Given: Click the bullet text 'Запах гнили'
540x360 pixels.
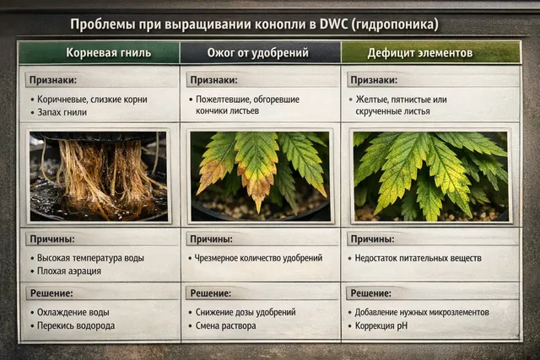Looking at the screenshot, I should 63,111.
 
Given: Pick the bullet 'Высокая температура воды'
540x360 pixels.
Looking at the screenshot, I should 92,258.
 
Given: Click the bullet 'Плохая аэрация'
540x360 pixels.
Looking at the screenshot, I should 70,271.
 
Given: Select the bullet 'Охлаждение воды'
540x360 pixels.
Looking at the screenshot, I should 73,312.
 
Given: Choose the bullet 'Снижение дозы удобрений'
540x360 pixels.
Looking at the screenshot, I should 245,312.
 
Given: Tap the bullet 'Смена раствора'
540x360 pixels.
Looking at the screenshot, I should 224,325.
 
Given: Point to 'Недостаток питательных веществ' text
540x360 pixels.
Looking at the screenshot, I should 418,258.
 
